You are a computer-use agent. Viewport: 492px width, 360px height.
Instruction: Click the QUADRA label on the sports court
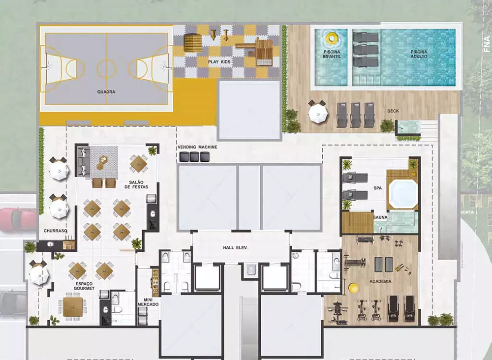(106, 91)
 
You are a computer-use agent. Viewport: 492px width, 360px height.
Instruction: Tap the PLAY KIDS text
(219, 62)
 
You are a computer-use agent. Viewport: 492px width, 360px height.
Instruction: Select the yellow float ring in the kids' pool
(331, 37)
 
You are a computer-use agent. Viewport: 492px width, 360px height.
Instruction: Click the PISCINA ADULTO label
(419, 54)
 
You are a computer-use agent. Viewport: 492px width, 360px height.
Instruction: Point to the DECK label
(393, 111)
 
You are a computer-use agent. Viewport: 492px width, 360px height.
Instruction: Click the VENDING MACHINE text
(197, 147)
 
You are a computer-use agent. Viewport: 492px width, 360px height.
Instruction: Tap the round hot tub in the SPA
(403, 194)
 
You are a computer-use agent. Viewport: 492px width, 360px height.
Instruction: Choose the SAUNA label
(380, 216)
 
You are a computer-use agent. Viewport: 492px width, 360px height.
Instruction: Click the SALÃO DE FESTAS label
(133, 184)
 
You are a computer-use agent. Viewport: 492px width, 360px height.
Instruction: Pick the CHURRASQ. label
(55, 231)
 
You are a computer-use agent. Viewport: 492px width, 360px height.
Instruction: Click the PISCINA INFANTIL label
(332, 54)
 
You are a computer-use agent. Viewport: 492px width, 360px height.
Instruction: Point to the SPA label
(377, 188)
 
